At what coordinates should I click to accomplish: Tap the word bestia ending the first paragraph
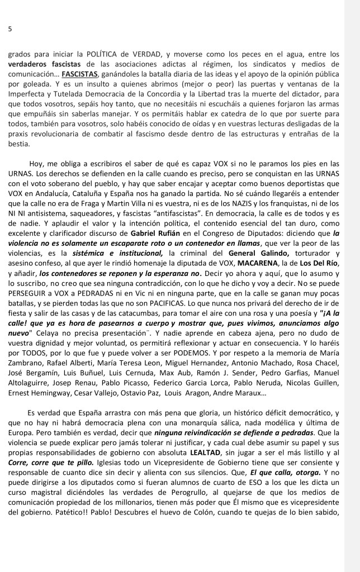click(20, 144)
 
